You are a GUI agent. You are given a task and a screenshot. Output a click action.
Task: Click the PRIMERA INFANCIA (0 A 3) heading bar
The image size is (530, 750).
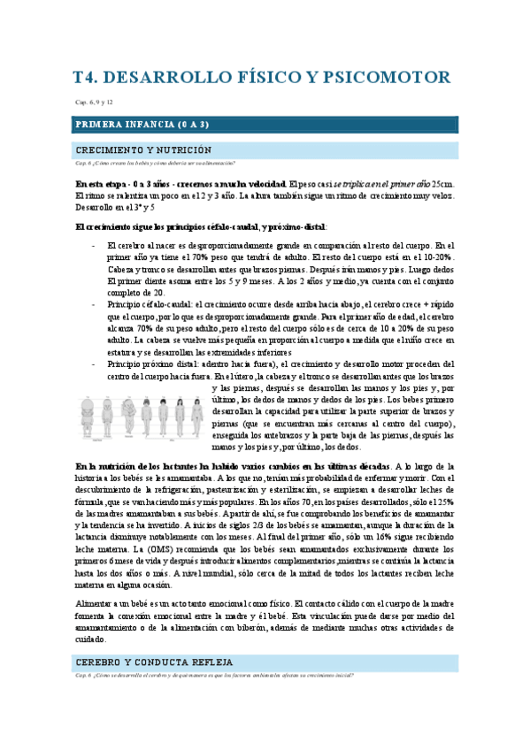click(265, 125)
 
